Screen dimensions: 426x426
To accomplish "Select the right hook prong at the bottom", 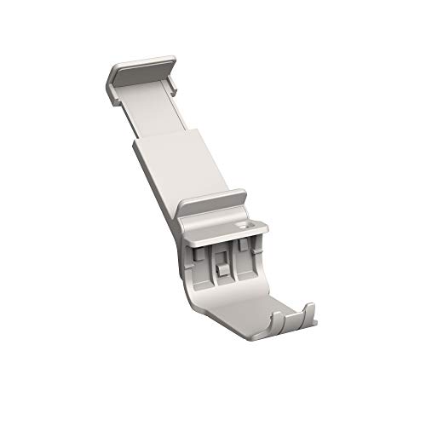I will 309,311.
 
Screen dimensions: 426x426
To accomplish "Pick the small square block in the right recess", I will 243,245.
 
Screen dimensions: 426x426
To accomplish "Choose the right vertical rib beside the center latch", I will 233,260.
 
